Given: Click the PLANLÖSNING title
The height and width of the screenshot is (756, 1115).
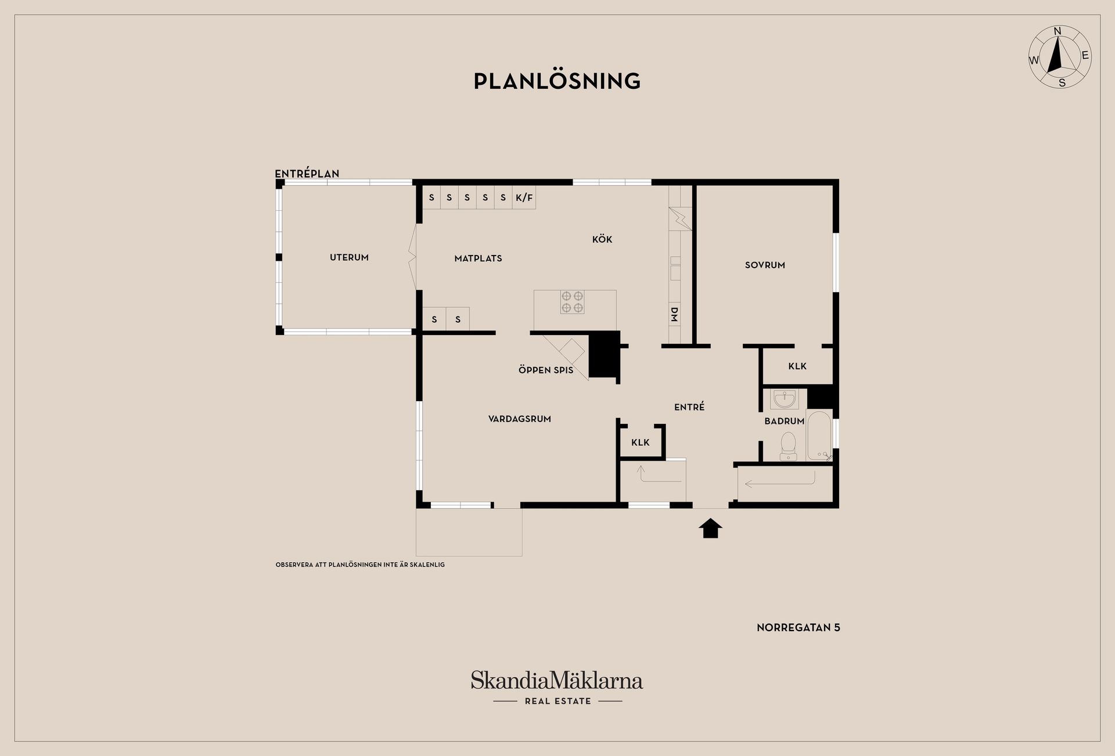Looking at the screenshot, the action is [557, 81].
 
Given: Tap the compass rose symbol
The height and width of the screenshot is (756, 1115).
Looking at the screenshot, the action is [1060, 57].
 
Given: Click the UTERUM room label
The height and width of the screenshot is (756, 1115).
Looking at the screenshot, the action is [349, 257].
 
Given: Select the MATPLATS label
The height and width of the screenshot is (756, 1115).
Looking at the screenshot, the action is [478, 258].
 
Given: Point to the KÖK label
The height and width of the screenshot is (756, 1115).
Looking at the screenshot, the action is [602, 239].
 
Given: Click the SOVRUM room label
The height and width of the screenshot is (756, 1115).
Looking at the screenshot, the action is [765, 265].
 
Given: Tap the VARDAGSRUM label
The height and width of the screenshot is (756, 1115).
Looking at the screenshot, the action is [520, 419].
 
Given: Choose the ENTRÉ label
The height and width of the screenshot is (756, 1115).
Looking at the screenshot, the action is [689, 407].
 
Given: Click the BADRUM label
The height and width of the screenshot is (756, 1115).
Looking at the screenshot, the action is [784, 421].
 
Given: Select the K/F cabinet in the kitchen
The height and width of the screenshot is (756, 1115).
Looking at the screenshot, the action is [524, 197].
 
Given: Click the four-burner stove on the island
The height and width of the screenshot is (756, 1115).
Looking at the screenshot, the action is [572, 302].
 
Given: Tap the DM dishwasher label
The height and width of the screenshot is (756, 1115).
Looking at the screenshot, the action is [674, 315].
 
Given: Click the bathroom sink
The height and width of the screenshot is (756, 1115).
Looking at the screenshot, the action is [785, 399].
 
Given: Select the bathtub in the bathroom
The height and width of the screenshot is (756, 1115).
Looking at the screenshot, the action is [819, 436].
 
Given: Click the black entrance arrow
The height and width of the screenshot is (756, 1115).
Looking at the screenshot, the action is [711, 528].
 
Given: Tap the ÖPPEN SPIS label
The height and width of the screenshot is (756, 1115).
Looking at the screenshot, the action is [546, 370].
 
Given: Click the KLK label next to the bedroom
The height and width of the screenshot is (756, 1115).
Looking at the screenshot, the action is [797, 366].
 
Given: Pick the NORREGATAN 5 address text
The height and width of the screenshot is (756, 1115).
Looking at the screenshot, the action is [799, 627].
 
